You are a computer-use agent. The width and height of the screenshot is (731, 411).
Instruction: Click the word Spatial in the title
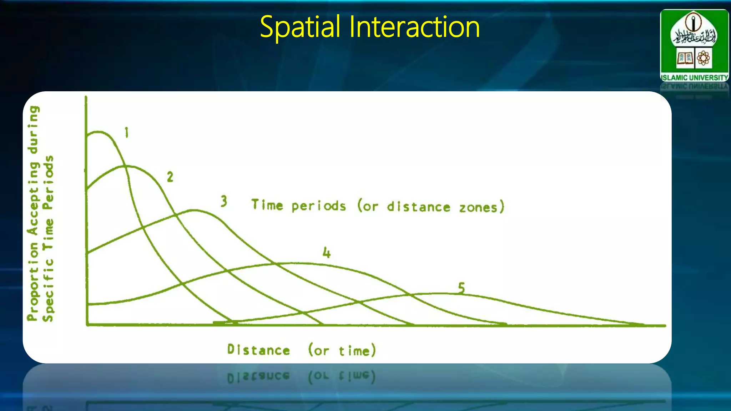click(x=300, y=27)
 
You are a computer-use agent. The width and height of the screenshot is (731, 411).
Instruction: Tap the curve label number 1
click(x=126, y=133)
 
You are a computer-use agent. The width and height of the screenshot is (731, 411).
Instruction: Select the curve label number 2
click(x=170, y=177)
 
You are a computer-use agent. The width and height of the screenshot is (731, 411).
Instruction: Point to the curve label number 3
click(x=224, y=201)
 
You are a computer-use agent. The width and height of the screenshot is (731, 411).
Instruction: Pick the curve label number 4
click(x=327, y=253)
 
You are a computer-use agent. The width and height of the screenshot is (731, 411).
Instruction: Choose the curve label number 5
click(x=461, y=288)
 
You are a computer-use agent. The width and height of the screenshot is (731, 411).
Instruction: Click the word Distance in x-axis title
click(x=258, y=350)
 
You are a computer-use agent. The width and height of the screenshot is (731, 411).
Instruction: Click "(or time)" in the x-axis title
click(x=342, y=350)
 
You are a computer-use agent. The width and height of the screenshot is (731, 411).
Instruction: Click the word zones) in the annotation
click(x=482, y=207)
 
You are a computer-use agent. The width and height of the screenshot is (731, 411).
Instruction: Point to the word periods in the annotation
click(x=318, y=206)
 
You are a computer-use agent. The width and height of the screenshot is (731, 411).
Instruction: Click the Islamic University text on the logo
click(x=694, y=77)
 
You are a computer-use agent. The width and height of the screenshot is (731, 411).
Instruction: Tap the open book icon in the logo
click(x=685, y=58)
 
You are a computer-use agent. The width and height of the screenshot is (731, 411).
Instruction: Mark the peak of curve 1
click(x=98, y=132)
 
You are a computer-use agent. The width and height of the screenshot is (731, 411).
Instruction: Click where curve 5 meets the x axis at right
click(x=642, y=325)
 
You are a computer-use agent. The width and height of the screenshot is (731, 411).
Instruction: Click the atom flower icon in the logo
click(x=704, y=58)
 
